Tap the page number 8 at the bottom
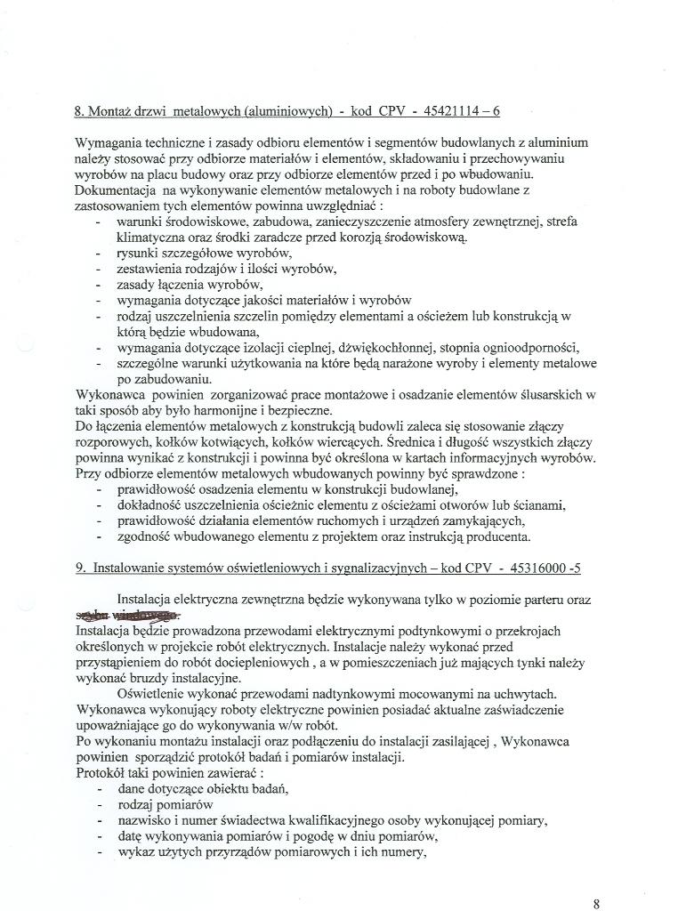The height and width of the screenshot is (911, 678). tap(596, 902)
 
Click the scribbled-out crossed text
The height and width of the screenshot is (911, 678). tap(125, 615)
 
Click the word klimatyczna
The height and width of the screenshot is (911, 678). tap(149, 238)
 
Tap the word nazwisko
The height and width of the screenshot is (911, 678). tap(143, 820)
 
